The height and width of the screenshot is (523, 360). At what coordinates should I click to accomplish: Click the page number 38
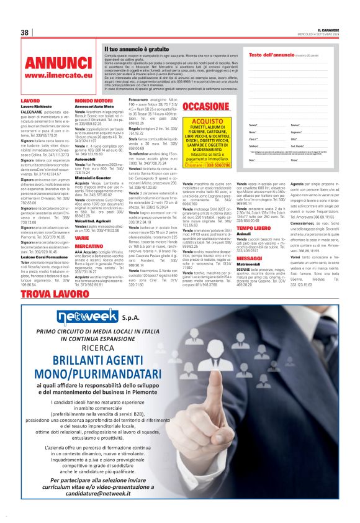pyautogui.click(x=25, y=32)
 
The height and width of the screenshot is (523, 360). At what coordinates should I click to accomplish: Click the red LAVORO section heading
pyautogui.click(x=30, y=100)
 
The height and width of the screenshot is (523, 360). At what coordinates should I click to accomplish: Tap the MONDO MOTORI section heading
pyautogui.click(x=94, y=100)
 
